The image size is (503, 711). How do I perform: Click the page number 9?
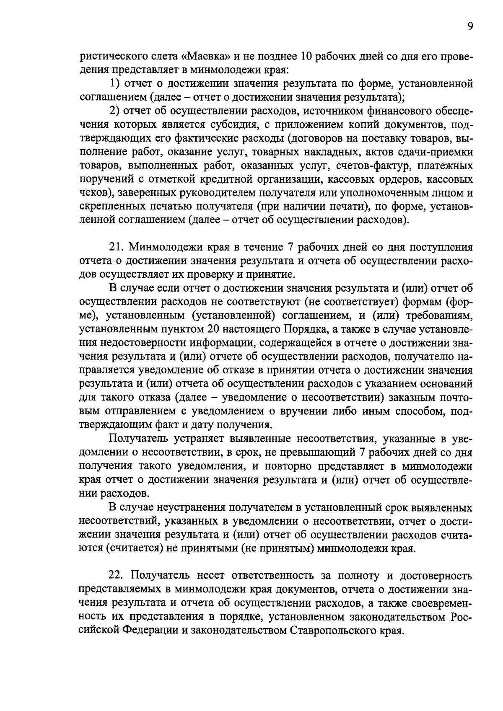coord(470,27)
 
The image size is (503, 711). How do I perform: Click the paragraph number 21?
coord(115,246)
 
